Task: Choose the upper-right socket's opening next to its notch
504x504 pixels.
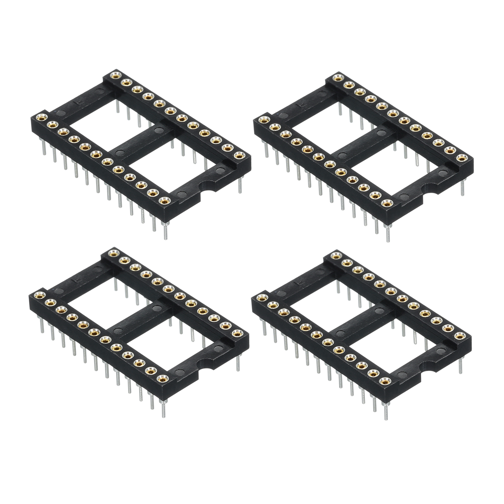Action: tap(399, 173)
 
